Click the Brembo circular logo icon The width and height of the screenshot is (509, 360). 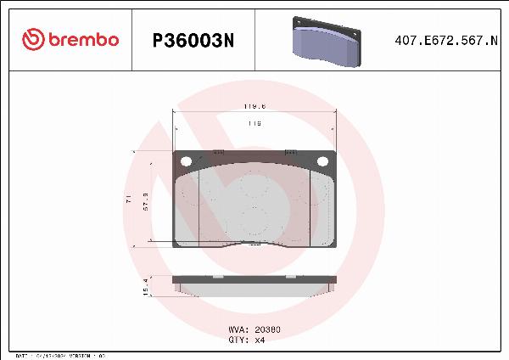click(x=31, y=38)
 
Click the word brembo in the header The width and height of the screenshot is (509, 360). click(x=81, y=39)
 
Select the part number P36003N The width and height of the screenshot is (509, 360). click(x=192, y=39)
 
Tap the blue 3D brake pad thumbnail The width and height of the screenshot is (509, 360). click(x=326, y=39)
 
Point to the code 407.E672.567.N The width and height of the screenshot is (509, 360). click(x=446, y=39)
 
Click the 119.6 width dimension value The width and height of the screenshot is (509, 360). click(x=255, y=107)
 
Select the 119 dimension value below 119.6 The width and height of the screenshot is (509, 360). click(x=255, y=124)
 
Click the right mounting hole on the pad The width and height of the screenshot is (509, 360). click(x=322, y=161)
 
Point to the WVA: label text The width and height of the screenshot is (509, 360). click(x=238, y=329)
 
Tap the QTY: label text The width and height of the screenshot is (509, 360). click(x=238, y=339)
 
